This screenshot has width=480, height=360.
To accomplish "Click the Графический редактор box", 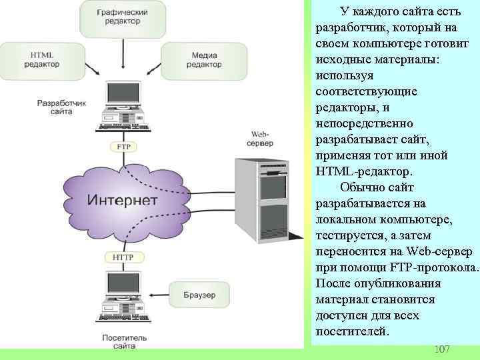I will [x=122, y=17].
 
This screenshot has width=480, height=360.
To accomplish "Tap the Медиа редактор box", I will [x=203, y=60].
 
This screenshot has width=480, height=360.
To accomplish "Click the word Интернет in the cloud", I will [x=123, y=200].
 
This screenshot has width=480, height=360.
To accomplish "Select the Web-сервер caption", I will [x=259, y=139].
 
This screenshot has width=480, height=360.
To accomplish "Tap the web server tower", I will [x=261, y=200].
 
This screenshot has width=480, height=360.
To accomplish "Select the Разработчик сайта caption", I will [x=62, y=108].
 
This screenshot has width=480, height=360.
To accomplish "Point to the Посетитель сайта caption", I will [x=120, y=342].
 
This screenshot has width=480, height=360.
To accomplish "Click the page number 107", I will [x=441, y=349].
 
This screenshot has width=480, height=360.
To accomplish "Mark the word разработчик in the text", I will [x=347, y=27].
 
